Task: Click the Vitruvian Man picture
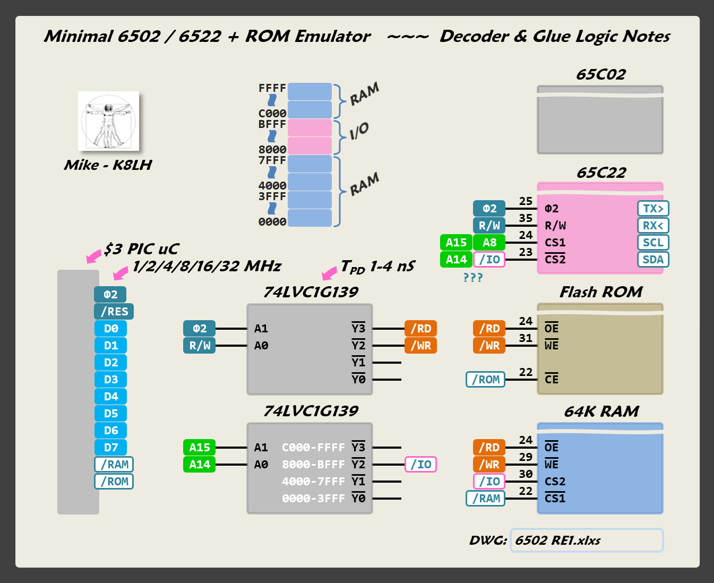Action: coord(108,121)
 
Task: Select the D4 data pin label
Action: coord(111,397)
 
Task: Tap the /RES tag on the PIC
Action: coord(114,312)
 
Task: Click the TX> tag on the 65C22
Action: coord(653,209)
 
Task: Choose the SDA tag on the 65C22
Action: coord(653,260)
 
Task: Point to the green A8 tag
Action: coord(489,243)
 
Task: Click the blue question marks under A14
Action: coord(473,278)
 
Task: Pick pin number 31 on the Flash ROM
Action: coord(526,338)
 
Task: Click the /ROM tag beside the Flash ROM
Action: coord(486,380)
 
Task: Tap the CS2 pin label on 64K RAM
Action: coord(555,482)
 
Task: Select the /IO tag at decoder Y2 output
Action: coord(420,465)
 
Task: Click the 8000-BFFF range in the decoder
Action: coord(313,465)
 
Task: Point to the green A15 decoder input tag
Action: coord(200,448)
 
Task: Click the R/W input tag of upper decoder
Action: coord(200,346)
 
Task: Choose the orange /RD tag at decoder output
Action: coord(420,329)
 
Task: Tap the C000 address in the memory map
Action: coord(272,114)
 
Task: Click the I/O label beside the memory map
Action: coord(359,131)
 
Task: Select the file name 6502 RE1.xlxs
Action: coord(557,541)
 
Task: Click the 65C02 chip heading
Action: coord(600,75)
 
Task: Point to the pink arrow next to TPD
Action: coord(330,273)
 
